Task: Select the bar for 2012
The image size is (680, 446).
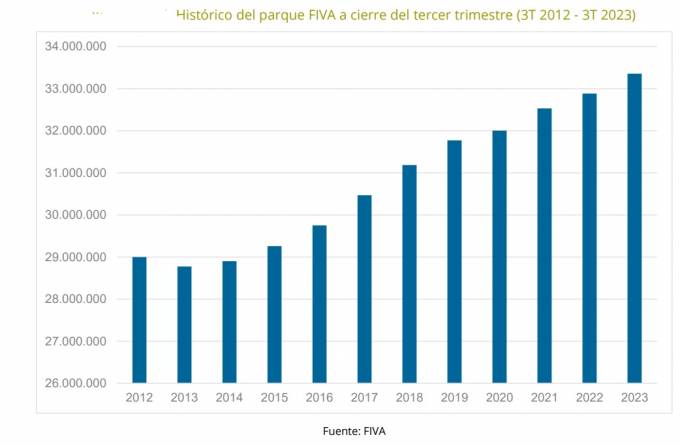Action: [x=139, y=320]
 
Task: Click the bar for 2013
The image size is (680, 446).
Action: [x=184, y=325]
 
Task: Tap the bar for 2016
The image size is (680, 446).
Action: [x=319, y=304]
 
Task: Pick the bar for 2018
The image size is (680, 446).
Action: [x=409, y=274]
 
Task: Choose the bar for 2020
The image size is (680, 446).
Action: [x=499, y=257]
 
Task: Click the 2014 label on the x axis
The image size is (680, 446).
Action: [x=229, y=398]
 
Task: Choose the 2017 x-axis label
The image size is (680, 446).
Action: [x=364, y=398]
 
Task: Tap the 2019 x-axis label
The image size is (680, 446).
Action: [x=454, y=398]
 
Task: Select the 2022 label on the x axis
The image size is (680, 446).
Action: [x=589, y=398]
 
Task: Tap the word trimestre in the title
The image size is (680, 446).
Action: [x=471, y=16]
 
